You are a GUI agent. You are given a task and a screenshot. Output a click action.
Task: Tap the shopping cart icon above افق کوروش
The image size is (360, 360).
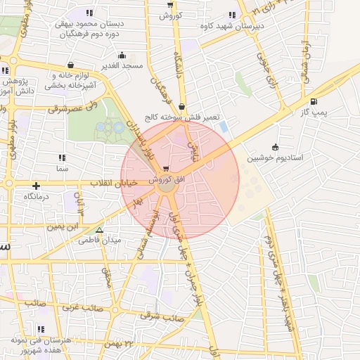tap(165, 169)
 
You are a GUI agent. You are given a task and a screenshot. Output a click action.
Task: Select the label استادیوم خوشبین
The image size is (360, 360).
tap(274, 158)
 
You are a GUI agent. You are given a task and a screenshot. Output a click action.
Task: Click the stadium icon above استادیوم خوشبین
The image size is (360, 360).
tap(274, 147)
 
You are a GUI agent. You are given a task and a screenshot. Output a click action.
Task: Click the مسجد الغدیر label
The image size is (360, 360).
tap(123, 65)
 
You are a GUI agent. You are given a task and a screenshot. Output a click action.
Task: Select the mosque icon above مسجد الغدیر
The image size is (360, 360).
tap(123, 55)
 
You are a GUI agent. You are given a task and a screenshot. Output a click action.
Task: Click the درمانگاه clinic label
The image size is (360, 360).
tap(37, 197)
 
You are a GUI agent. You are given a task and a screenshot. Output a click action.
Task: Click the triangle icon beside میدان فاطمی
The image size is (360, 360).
tap(99, 229)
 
